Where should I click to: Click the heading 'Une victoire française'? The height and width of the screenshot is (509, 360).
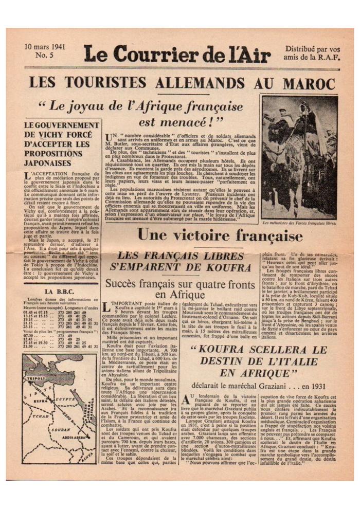point(220,237)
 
